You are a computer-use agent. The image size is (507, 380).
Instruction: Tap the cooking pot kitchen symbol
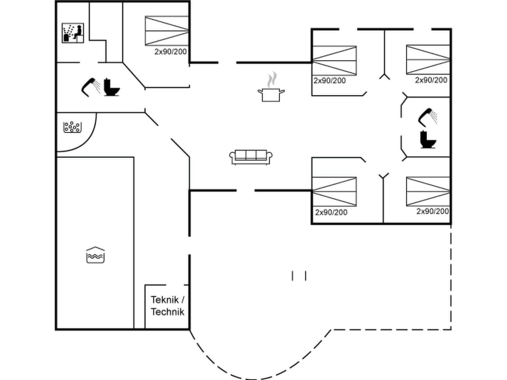tap(271, 90)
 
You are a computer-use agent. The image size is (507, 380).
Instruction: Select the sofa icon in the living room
tap(251, 156)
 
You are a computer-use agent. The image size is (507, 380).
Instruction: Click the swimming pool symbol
tap(96, 254)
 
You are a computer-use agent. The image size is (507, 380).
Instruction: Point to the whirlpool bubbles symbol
tap(72, 127)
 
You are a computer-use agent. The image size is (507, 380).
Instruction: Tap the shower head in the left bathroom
tap(91, 86)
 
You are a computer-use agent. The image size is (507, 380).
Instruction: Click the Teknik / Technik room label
tap(167, 306)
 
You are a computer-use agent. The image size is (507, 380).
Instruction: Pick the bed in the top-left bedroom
tap(167, 31)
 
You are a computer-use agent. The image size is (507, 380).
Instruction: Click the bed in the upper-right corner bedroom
tap(428, 60)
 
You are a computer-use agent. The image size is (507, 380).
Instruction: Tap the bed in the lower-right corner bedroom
tap(428, 191)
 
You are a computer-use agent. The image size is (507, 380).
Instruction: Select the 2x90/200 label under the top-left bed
tap(171, 52)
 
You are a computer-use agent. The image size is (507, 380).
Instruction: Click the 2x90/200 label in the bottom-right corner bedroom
tap(433, 211)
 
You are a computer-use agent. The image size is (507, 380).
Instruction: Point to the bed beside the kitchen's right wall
tap(334, 61)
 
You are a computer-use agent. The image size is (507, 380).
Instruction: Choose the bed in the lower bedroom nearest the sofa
tap(334, 191)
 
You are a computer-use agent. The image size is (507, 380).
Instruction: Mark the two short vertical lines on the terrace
tap(299, 275)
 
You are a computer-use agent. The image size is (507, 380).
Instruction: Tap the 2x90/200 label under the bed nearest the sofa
tap(331, 212)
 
